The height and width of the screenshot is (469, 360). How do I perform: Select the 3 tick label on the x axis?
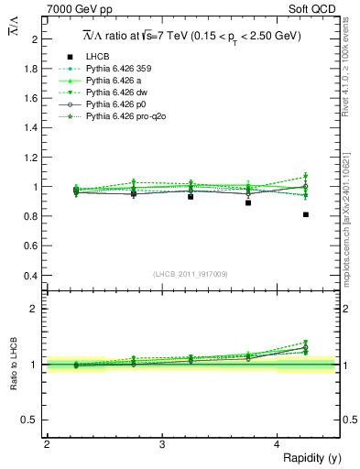pyautogui.click(x=161, y=444)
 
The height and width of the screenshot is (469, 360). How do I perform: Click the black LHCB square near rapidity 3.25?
pyautogui.click(x=191, y=197)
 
